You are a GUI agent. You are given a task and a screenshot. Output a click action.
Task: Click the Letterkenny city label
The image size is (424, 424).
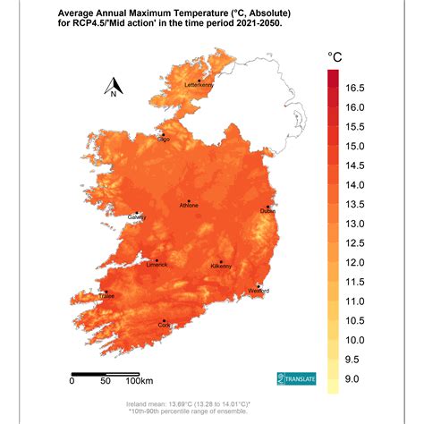[198, 85]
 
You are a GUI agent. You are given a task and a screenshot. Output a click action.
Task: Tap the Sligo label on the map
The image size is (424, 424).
[164, 140]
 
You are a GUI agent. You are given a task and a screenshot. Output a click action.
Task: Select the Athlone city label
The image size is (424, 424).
[190, 206]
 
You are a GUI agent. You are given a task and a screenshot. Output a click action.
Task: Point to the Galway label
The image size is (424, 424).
[137, 217]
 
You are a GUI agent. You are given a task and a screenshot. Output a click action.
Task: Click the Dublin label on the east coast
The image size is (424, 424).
[267, 211]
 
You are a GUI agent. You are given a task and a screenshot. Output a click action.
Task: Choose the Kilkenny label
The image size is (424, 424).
[220, 267]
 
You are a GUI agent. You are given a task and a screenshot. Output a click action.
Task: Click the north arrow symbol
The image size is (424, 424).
[114, 88]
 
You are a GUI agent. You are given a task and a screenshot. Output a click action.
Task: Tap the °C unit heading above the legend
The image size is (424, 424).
[335, 57]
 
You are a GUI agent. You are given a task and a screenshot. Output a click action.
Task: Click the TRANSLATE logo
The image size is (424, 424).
[296, 378]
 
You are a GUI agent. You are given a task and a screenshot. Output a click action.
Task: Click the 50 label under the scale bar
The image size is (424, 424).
[106, 382]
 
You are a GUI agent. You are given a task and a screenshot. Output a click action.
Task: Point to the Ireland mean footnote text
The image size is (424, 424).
[199, 404]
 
